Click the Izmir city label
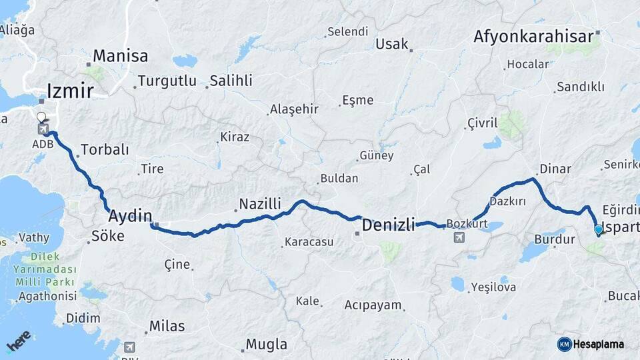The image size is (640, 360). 70,91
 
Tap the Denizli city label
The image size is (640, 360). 388,225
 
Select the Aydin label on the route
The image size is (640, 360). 130,215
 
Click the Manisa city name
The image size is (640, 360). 120,55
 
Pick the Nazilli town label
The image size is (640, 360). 260,203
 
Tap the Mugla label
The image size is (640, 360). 267,345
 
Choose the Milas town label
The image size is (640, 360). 167,326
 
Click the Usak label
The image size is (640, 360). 391,44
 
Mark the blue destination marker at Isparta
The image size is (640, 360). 598,231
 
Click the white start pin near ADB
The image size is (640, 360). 41,117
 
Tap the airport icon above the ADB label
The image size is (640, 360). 43,128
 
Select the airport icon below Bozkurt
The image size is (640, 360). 459,237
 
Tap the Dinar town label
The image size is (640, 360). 555,169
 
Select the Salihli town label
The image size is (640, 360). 231,81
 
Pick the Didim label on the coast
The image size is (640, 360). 83,318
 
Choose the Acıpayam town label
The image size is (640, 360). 373,305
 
